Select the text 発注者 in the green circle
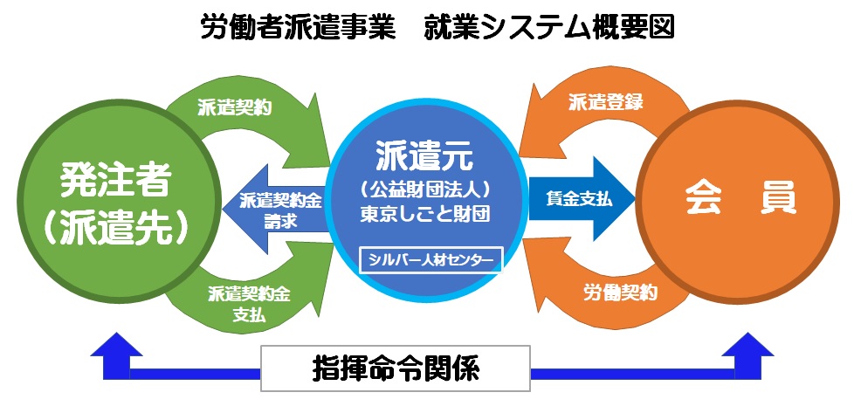coord(114,179)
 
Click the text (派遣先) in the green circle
coord(114,225)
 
